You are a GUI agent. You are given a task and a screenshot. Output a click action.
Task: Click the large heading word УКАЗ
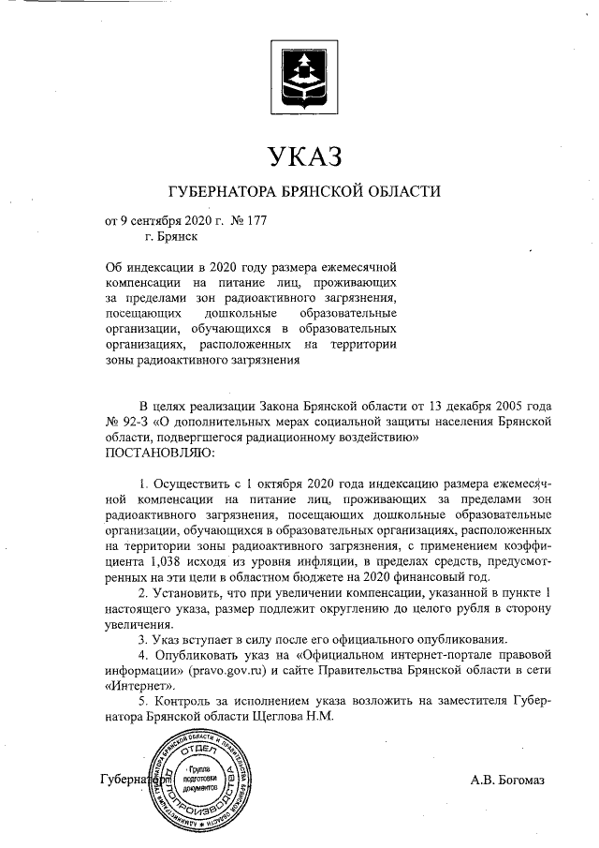pyautogui.click(x=300, y=156)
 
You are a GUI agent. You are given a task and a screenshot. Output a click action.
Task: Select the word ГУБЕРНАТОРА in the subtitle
pyautogui.click(x=222, y=192)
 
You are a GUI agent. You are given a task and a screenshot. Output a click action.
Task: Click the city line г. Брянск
pyautogui.click(x=158, y=238)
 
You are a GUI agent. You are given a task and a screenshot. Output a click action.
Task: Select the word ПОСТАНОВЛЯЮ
pyautogui.click(x=160, y=454)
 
